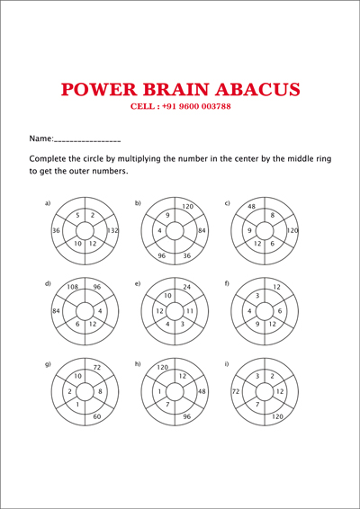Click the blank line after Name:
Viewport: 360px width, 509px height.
(x=87, y=141)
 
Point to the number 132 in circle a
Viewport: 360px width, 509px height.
(x=112, y=230)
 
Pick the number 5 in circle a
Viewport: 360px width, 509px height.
(x=77, y=215)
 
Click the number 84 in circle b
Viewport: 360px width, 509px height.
(x=202, y=230)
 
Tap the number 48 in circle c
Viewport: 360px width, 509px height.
(x=251, y=206)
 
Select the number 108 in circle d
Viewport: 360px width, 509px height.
(x=73, y=287)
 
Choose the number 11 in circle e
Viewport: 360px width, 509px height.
(x=190, y=311)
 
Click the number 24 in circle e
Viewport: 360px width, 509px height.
(x=186, y=287)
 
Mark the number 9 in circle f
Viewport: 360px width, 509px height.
(x=257, y=324)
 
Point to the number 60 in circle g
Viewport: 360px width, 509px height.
(x=97, y=416)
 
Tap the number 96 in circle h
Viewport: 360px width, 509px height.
(x=186, y=416)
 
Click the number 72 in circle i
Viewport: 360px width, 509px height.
(x=236, y=391)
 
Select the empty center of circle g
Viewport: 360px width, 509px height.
(x=85, y=392)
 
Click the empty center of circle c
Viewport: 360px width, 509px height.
(x=265, y=231)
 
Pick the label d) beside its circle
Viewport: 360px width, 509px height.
(x=48, y=283)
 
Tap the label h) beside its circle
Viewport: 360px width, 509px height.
(x=138, y=364)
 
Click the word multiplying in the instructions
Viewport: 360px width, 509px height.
(x=139, y=159)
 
